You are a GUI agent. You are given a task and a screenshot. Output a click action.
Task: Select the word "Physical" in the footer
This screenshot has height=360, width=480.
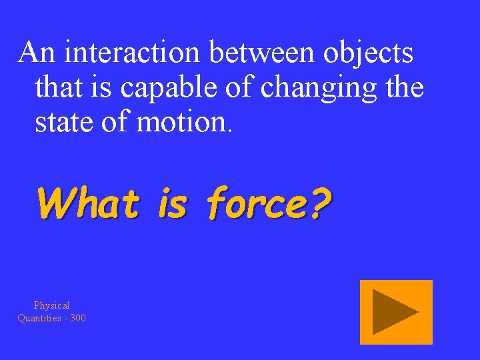(x=52, y=305)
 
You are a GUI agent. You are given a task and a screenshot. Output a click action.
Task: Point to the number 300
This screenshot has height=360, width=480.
(x=77, y=318)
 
